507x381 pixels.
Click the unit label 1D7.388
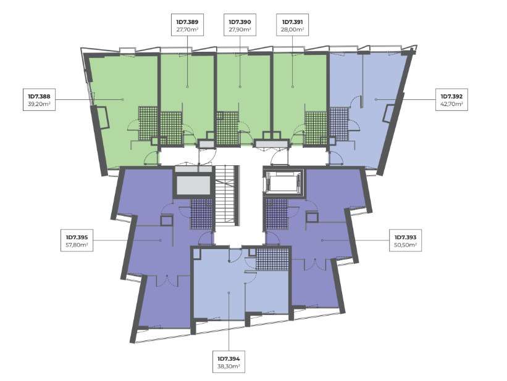point(39,96)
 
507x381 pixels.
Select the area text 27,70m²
point(187,30)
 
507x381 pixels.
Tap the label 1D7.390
point(240,22)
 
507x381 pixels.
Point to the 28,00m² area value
point(293,30)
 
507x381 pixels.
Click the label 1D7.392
point(451,96)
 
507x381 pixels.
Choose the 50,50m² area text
point(406,245)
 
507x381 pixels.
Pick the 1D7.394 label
point(228,359)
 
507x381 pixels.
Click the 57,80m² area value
point(77,245)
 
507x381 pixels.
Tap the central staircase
point(227,195)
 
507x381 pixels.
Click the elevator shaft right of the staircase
point(283,182)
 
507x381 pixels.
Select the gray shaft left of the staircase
point(193,186)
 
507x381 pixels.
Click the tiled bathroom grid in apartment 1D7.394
point(272,259)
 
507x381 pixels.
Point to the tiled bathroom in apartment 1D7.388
point(148,123)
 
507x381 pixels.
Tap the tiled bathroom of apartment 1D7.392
point(339,124)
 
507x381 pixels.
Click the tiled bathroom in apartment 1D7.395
point(201,214)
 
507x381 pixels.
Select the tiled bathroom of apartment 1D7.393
point(277,214)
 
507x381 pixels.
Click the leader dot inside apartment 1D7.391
point(293,86)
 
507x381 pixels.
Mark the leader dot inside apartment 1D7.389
point(187,86)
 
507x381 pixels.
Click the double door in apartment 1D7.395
point(167,281)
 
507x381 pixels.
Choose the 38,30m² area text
point(228,366)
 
